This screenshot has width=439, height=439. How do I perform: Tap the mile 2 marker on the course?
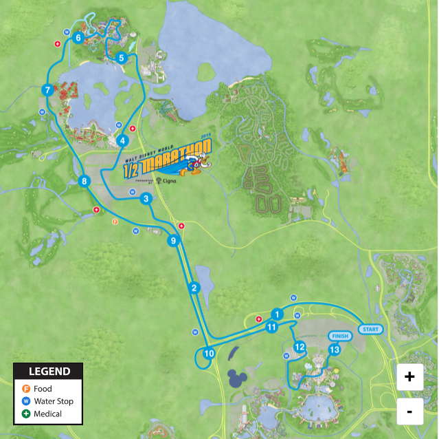tap(194, 288)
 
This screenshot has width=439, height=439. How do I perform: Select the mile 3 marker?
tap(146, 199)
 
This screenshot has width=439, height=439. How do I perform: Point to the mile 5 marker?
tap(121, 58)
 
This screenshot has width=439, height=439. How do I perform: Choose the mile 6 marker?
tap(78, 38)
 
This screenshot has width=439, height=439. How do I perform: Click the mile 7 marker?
tap(47, 90)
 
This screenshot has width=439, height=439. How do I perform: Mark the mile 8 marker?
tap(84, 182)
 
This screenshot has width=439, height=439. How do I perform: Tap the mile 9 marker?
tap(173, 241)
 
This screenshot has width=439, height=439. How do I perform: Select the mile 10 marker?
tap(209, 354)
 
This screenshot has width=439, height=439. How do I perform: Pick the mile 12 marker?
tap(299, 347)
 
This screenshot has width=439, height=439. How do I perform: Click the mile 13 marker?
tap(335, 350)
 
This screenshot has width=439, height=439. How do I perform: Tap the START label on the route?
tap(370, 329)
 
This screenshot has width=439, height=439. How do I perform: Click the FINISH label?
tap(340, 336)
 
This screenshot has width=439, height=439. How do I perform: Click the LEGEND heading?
tap(48, 372)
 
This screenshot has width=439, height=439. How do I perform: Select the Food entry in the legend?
tap(41, 389)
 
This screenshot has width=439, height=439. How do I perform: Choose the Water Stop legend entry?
tap(48, 401)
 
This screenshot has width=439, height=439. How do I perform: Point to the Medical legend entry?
tap(43, 414)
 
